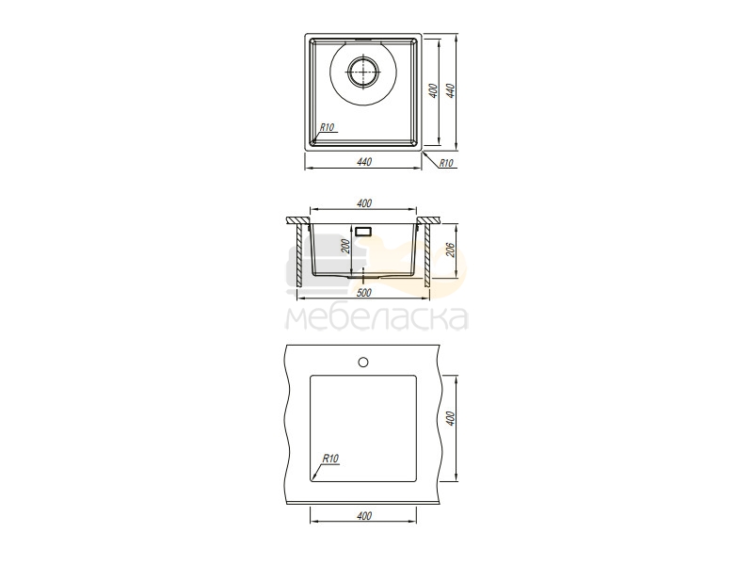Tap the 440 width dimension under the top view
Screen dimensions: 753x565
coord(364,162)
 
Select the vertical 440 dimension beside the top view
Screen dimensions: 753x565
coord(450,90)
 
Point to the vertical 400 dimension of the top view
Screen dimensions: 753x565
coord(433,90)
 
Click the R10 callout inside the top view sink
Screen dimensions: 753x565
coord(327,127)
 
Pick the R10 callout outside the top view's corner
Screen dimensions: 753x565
coord(446,163)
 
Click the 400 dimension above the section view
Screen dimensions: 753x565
coord(364,203)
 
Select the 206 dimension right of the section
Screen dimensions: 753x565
coord(451,250)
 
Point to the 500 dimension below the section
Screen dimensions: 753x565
coord(364,292)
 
